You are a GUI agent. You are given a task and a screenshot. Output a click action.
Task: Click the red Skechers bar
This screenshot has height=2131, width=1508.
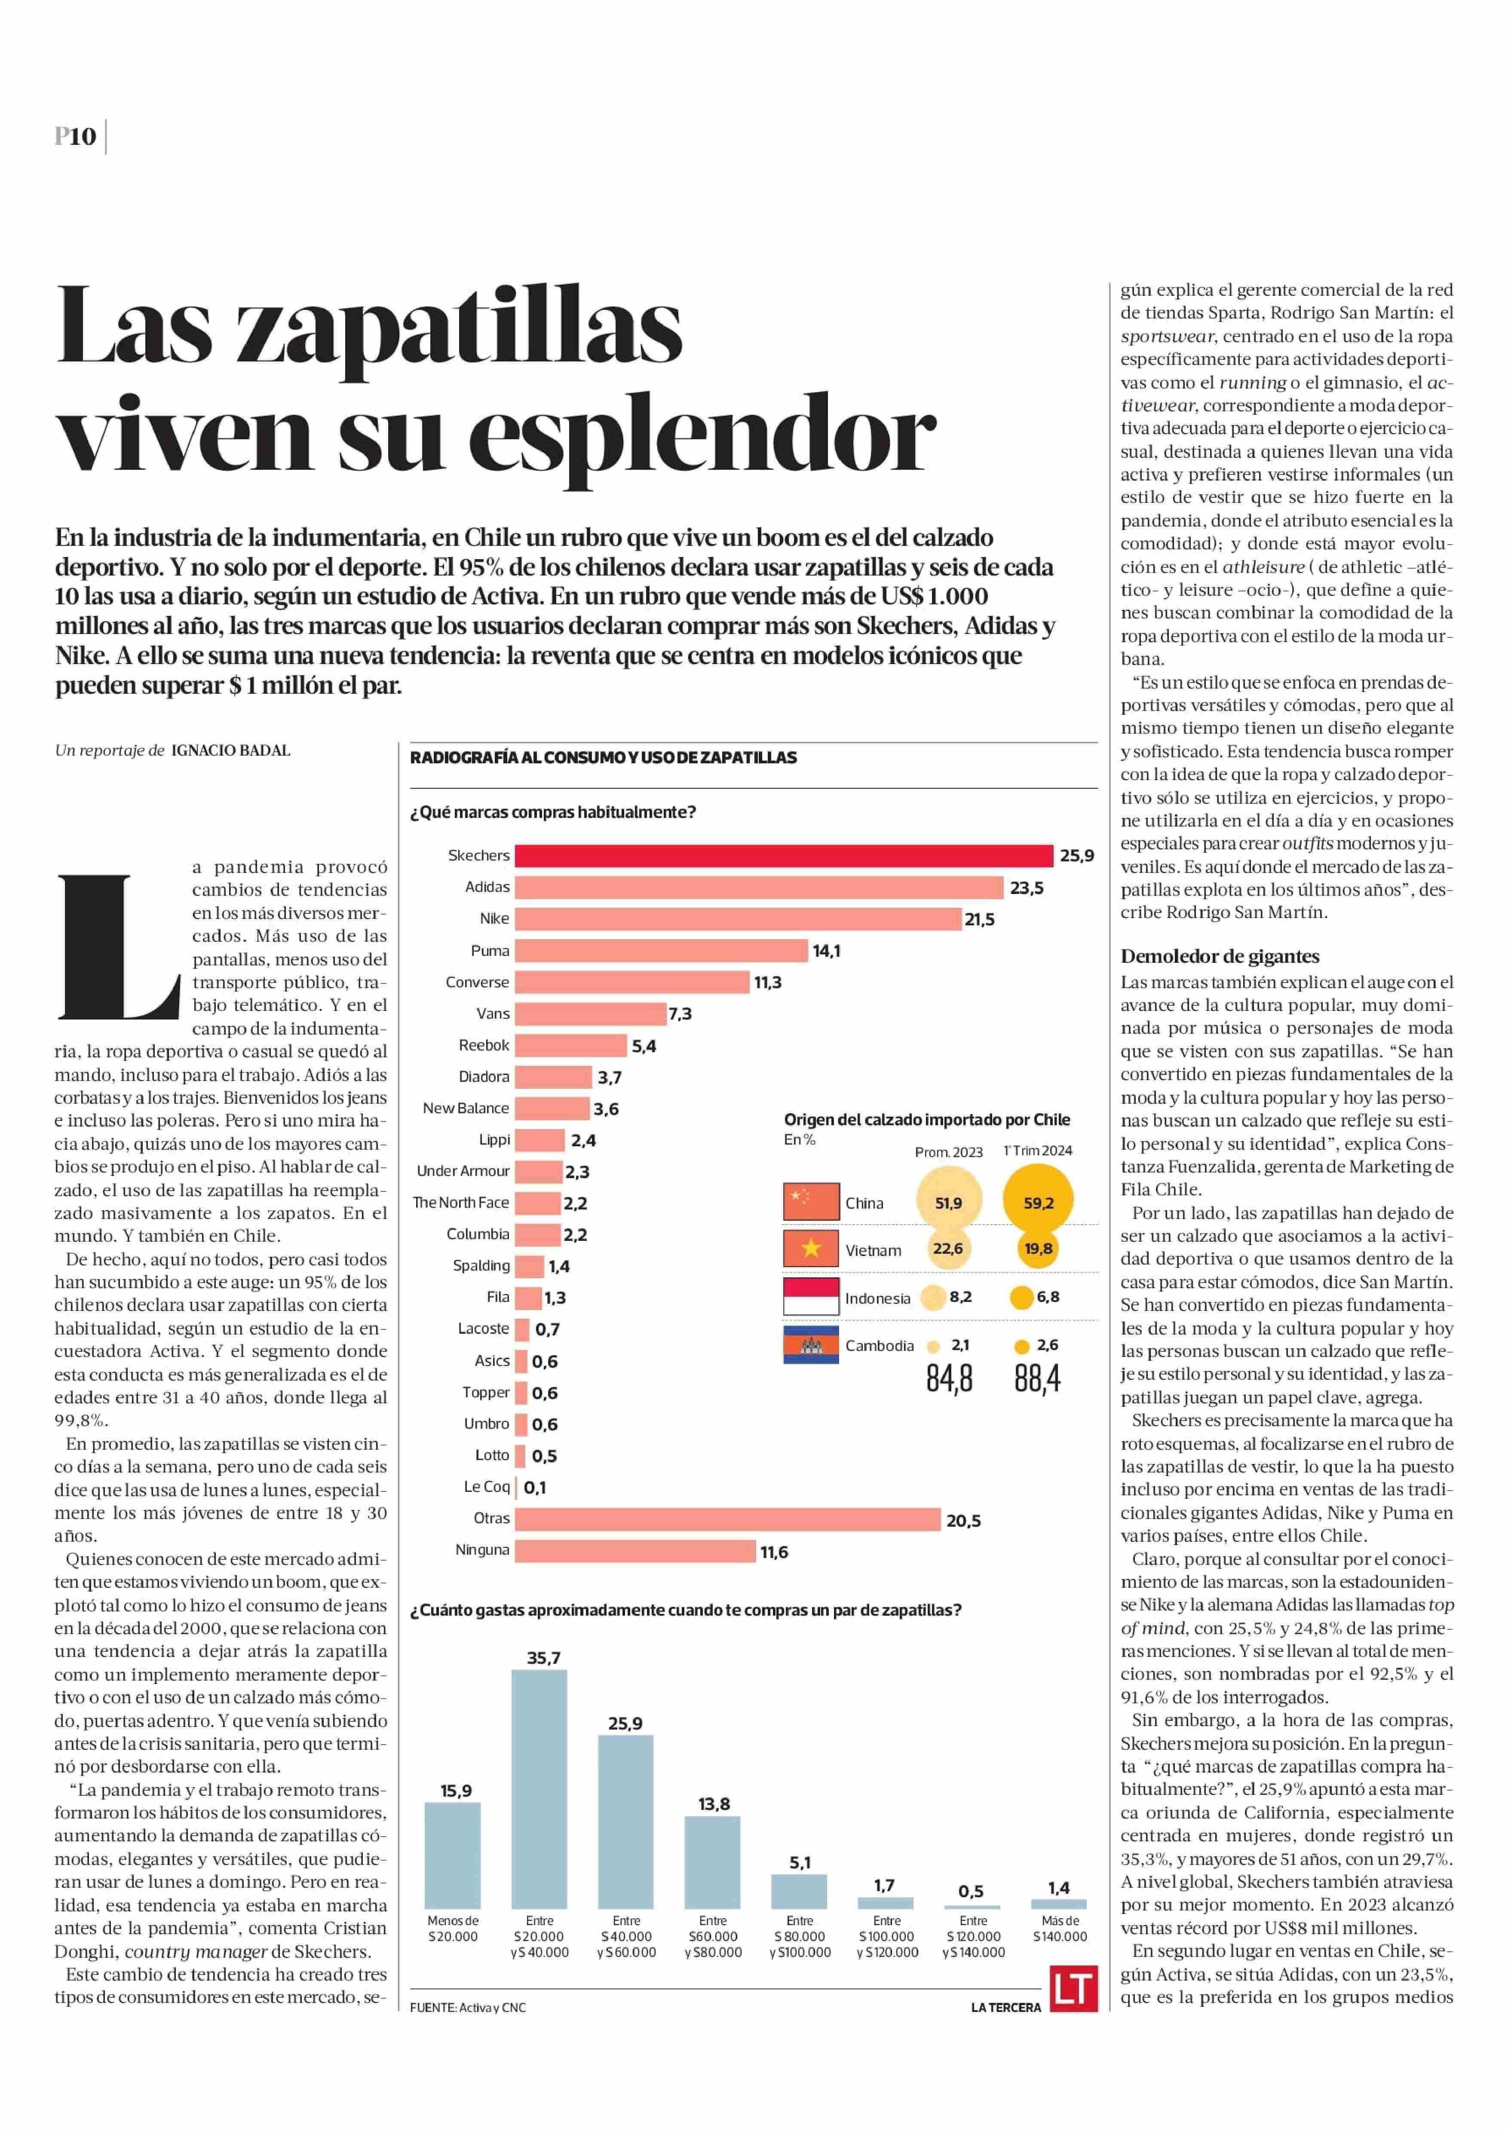pyautogui.click(x=784, y=855)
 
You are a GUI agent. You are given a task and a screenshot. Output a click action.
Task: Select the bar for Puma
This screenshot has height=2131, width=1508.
pyautogui.click(x=661, y=950)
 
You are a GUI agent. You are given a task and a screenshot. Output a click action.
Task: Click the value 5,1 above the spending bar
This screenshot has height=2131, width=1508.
pyautogui.click(x=800, y=1863)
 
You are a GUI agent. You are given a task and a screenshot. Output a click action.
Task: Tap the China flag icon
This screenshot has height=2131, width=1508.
pyautogui.click(x=811, y=1201)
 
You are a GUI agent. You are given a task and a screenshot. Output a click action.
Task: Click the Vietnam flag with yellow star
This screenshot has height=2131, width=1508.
pyautogui.click(x=811, y=1249)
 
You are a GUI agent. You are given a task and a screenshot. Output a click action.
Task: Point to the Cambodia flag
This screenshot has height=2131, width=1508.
pyautogui.click(x=811, y=1344)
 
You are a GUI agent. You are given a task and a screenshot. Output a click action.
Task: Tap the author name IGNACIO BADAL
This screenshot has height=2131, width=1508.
pyautogui.click(x=230, y=750)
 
